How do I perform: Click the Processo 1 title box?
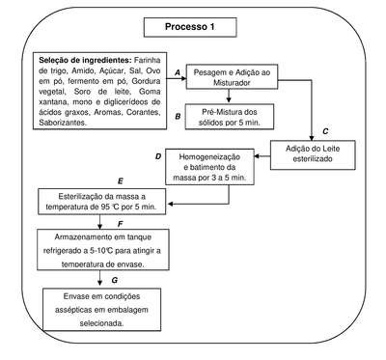190,27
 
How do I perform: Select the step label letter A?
178,73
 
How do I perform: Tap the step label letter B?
178,117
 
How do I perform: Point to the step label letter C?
325,131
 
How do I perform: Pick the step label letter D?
158,156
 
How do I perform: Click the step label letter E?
121,181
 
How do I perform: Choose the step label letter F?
121,224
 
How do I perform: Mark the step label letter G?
115,281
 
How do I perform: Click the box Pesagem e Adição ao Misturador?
232,77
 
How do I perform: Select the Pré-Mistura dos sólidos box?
230,117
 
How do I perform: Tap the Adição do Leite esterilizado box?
313,154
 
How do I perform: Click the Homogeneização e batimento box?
209,167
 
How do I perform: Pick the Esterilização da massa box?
102,202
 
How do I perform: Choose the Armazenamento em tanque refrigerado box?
103,250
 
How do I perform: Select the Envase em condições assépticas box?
102,310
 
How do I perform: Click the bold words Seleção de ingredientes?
85,61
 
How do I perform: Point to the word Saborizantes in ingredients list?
63,123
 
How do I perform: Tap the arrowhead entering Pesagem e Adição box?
183,78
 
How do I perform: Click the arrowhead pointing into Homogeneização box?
258,156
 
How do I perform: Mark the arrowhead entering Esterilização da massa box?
171,204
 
